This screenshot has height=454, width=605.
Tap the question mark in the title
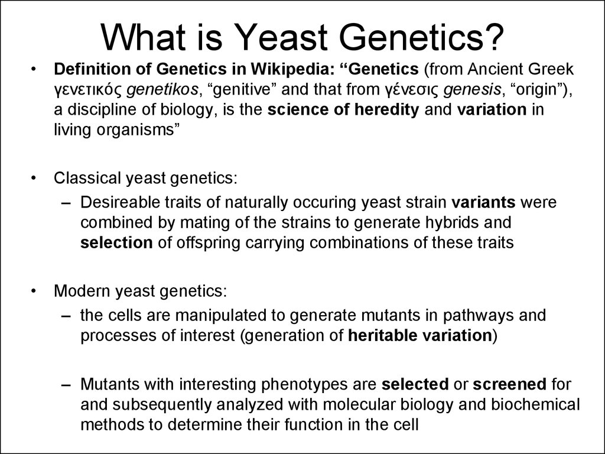493,37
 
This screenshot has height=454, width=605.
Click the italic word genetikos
162,90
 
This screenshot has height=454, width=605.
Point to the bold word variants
483,202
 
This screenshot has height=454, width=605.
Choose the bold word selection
116,243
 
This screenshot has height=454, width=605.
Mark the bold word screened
509,384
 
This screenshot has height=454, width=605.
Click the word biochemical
535,404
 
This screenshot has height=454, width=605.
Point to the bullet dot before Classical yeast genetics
34,179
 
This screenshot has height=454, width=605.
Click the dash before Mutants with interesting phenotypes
66,385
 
